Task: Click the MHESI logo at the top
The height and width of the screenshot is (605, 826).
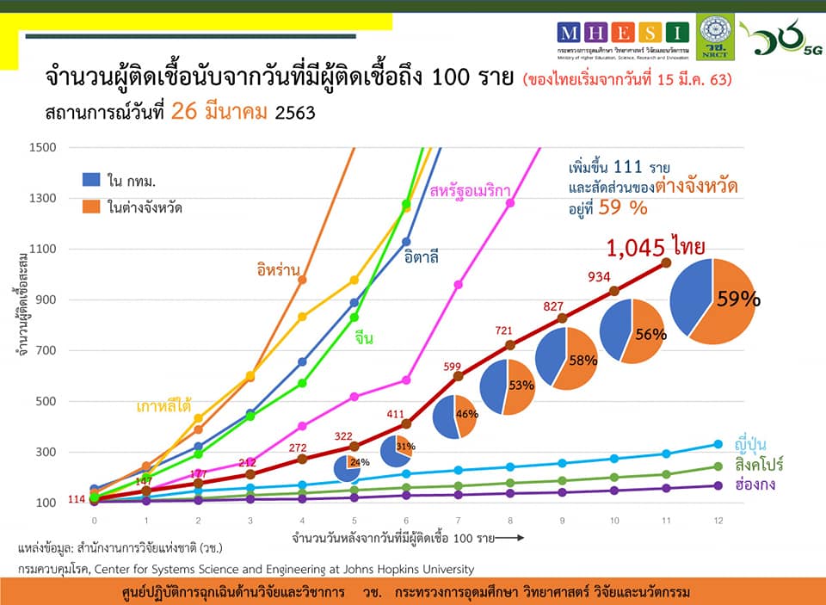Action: point(623,33)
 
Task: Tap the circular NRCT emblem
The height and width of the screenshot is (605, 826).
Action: point(715,34)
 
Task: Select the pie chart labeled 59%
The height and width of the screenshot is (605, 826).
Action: point(712,302)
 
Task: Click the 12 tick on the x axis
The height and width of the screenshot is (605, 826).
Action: point(718,522)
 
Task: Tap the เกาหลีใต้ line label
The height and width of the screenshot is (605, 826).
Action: point(162,405)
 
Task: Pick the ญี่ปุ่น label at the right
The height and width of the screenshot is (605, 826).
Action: point(751,444)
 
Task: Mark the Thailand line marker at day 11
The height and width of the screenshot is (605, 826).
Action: point(666,262)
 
